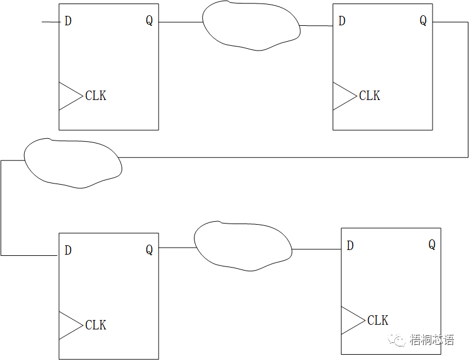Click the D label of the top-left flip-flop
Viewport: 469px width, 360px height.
(68, 21)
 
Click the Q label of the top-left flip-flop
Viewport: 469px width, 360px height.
(149, 21)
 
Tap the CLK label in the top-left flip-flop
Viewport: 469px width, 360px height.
(96, 95)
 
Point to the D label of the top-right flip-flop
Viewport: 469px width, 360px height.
(342, 21)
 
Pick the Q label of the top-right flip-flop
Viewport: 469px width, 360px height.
(423, 21)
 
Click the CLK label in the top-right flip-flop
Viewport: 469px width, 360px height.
(370, 95)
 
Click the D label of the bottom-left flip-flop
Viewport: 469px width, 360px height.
(68, 251)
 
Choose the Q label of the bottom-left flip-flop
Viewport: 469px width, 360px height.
(149, 251)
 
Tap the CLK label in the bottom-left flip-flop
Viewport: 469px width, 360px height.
(96, 325)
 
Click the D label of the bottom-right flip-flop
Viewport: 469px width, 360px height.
(350, 246)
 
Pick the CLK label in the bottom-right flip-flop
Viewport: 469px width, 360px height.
(378, 321)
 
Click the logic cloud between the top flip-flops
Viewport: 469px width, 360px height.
(251, 26)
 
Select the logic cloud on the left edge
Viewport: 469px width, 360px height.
(73, 164)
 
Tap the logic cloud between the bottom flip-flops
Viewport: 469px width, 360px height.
(243, 246)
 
